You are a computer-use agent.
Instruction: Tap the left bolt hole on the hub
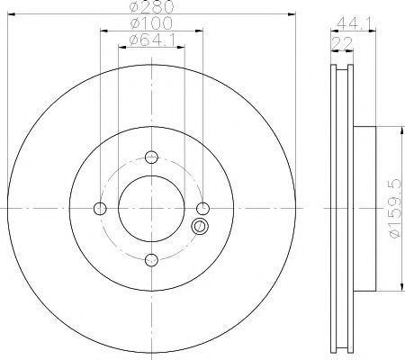[x=99, y=209]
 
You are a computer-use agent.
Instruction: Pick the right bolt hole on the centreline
[x=202, y=209]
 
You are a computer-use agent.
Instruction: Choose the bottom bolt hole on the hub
[x=150, y=260]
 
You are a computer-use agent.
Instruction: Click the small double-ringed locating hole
[x=200, y=227]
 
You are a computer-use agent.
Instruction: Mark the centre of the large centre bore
[x=150, y=209]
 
